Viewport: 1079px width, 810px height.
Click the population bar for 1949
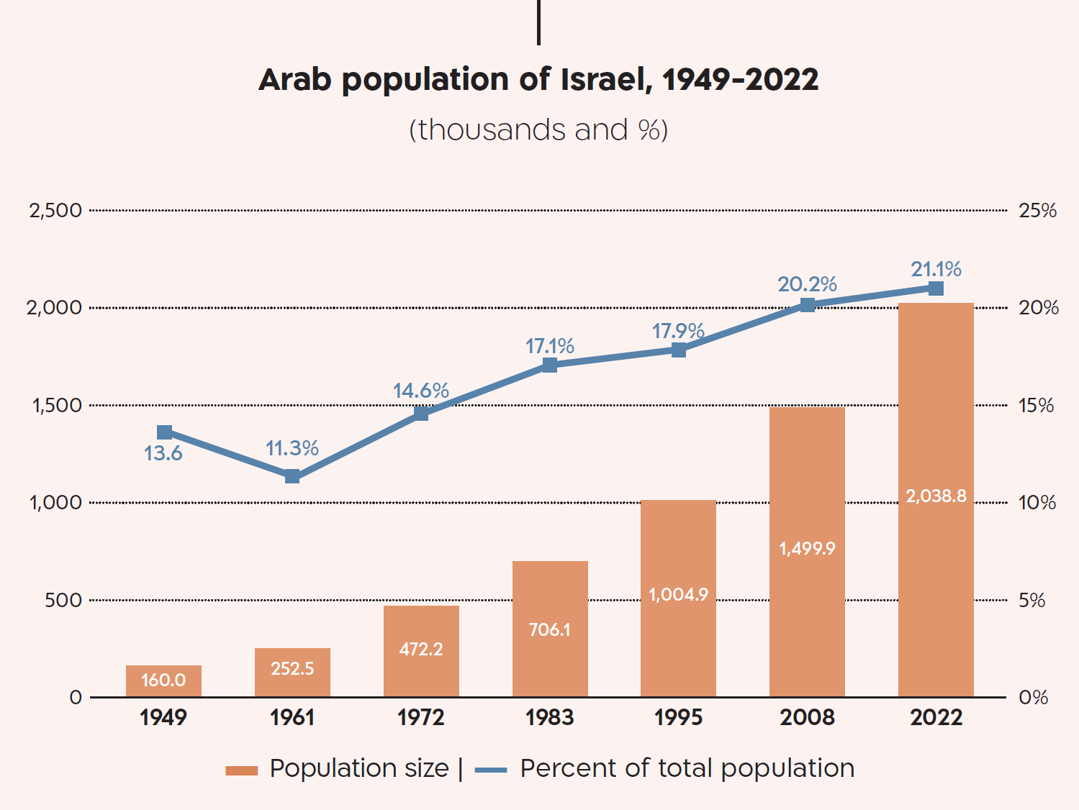click(163, 681)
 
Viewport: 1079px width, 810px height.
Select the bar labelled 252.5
click(292, 672)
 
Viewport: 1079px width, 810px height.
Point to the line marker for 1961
click(292, 476)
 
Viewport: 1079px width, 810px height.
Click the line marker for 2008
click(808, 305)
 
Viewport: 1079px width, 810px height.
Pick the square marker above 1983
click(550, 365)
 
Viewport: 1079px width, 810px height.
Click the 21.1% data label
click(936, 269)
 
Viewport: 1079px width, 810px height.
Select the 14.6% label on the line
click(421, 391)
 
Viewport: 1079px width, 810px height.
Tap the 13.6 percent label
click(163, 453)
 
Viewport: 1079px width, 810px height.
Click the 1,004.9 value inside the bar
click(678, 594)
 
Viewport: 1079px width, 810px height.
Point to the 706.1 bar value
click(550, 629)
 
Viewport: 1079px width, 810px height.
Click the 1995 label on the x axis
click(678, 717)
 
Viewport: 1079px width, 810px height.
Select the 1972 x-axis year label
click(421, 717)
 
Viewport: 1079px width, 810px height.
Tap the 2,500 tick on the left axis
click(55, 211)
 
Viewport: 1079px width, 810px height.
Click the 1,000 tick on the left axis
click(55, 502)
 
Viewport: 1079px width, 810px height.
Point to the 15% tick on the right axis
click(1036, 405)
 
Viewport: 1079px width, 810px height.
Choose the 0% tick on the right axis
click(1033, 697)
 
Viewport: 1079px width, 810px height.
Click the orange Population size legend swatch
click(241, 770)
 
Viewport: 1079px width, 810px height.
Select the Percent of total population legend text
click(687, 768)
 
